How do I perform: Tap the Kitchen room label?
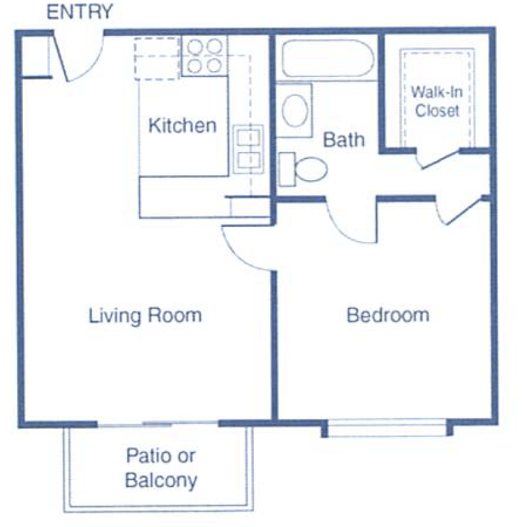pyautogui.click(x=182, y=125)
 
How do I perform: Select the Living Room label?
pyautogui.click(x=145, y=316)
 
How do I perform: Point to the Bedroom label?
pyautogui.click(x=388, y=316)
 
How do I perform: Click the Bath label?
pyautogui.click(x=344, y=139)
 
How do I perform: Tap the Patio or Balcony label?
pyautogui.click(x=161, y=468)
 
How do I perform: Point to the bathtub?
pyautogui.click(x=326, y=59)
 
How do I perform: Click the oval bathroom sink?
pyautogui.click(x=296, y=110)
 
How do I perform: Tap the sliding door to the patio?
pyautogui.click(x=158, y=425)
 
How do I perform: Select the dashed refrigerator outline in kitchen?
pyautogui.click(x=157, y=58)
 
